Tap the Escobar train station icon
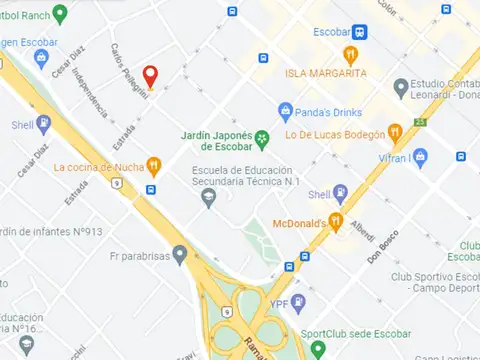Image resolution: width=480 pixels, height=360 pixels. coord(359,31)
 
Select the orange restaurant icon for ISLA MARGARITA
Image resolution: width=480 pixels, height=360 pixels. coord(350,54)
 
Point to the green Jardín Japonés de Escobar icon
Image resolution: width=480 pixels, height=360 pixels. coord(261,138)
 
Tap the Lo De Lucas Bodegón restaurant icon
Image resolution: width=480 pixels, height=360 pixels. coord(396,133)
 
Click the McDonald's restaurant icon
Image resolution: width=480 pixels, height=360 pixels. coord(337,221)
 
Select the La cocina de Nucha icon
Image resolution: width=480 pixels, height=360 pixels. coord(154,166)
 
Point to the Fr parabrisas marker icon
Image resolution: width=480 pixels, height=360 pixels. coord(180,254)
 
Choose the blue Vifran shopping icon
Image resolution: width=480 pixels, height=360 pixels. coord(421,156)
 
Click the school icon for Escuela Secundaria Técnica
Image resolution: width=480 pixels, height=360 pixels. coord(209,198)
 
